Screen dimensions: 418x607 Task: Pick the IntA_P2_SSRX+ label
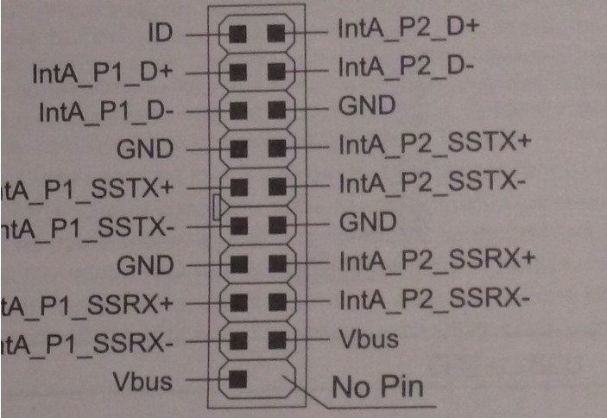(437, 259)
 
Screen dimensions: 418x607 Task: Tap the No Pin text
(378, 386)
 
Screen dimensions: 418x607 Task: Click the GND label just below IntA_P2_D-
(367, 105)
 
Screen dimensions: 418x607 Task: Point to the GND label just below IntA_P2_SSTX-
(367, 222)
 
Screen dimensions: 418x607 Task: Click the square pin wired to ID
(239, 34)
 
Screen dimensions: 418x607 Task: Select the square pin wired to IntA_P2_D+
(275, 34)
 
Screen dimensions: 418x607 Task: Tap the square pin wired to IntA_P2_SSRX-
(275, 301)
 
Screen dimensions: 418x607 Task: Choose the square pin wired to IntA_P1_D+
(239, 72)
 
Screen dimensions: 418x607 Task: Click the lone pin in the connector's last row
(239, 377)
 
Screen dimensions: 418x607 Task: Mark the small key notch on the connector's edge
(216, 206)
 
